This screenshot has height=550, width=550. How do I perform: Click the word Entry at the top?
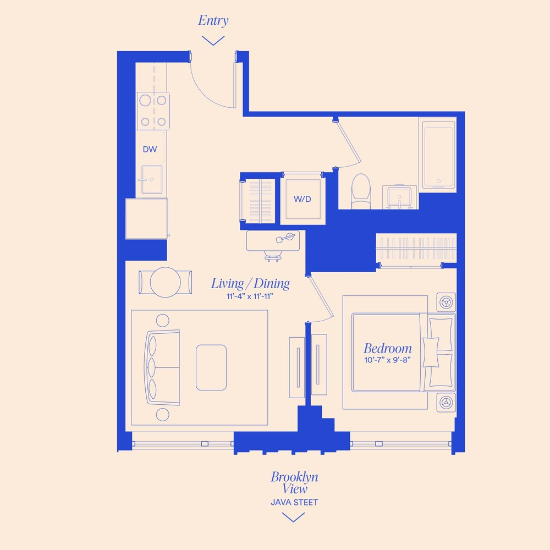pos(213,21)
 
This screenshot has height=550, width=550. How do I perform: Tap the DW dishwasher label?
pos(150,149)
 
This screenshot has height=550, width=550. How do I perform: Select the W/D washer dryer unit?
pos(301,199)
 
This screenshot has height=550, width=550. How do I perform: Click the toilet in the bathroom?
pos(361,190)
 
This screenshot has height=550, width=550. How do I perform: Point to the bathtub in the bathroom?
pos(439,156)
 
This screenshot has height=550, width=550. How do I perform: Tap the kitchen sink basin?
pos(151,179)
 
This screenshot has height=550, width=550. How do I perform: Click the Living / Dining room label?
pos(250,284)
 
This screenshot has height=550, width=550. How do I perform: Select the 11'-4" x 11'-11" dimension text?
pos(250,298)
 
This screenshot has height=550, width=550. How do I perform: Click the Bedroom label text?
pos(387,348)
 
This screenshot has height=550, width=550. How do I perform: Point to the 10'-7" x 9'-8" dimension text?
pos(387,361)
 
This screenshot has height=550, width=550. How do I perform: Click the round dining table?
pos(166,282)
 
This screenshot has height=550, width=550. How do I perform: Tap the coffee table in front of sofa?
pos(211,366)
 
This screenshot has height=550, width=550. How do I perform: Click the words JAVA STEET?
pos(294,502)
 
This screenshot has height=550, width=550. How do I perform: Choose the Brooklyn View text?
pos(294,482)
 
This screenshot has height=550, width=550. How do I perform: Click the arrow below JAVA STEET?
pos(294,516)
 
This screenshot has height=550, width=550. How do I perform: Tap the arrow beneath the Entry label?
pos(213,40)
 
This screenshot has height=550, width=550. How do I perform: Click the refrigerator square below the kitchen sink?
pos(146,218)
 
